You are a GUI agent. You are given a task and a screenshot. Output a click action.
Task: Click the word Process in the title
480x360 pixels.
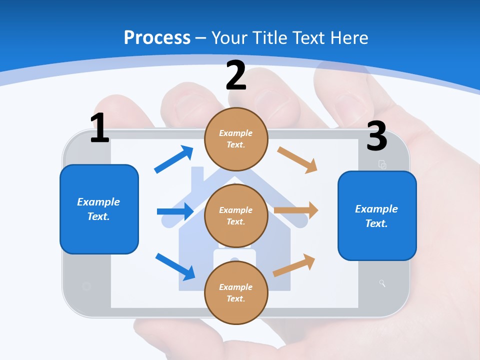[x=157, y=37]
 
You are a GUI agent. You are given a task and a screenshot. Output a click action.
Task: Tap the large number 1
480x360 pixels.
[x=99, y=128]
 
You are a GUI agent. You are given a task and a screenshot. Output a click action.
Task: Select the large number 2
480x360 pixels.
[x=236, y=75]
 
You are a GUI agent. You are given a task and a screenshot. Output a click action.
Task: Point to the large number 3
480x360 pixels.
[x=376, y=136]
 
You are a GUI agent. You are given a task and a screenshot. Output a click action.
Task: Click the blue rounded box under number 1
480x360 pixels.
[x=99, y=209]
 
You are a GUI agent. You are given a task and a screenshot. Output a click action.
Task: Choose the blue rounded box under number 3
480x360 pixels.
[x=377, y=216]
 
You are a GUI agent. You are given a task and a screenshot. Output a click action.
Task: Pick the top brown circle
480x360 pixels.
[x=236, y=139]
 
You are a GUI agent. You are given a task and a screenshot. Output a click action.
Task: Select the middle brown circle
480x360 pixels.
[x=236, y=216]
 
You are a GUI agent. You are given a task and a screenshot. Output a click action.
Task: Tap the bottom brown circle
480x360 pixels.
[x=236, y=292]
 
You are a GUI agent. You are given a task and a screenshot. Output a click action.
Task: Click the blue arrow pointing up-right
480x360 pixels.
[x=174, y=159]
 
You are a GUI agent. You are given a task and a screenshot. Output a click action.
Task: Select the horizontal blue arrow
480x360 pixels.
[x=175, y=211]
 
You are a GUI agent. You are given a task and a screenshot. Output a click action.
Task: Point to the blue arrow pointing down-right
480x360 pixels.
[x=175, y=266]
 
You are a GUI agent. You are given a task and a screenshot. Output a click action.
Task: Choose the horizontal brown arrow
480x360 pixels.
[x=296, y=210]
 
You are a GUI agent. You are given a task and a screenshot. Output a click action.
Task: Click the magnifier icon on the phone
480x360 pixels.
[x=382, y=284]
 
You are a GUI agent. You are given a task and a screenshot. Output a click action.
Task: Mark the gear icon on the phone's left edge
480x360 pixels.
[x=86, y=286]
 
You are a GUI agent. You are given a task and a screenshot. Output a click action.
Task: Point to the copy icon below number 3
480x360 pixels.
[x=382, y=164]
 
